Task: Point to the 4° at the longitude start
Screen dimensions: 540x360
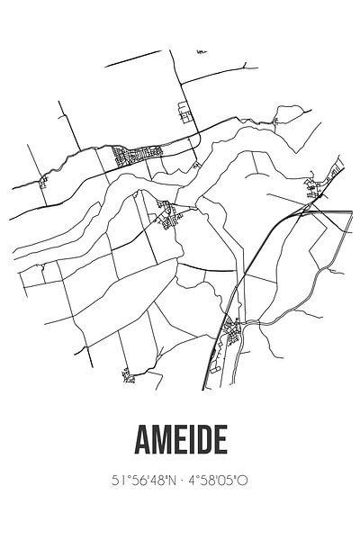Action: (199, 481)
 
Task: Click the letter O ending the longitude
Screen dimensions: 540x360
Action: (243, 481)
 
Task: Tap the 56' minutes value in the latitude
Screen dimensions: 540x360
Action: (138, 481)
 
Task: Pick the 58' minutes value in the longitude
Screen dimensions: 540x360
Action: (213, 481)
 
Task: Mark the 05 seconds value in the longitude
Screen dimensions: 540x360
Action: (230, 481)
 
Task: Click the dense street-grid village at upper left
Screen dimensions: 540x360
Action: (133, 157)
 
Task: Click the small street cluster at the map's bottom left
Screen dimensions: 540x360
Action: (128, 373)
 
